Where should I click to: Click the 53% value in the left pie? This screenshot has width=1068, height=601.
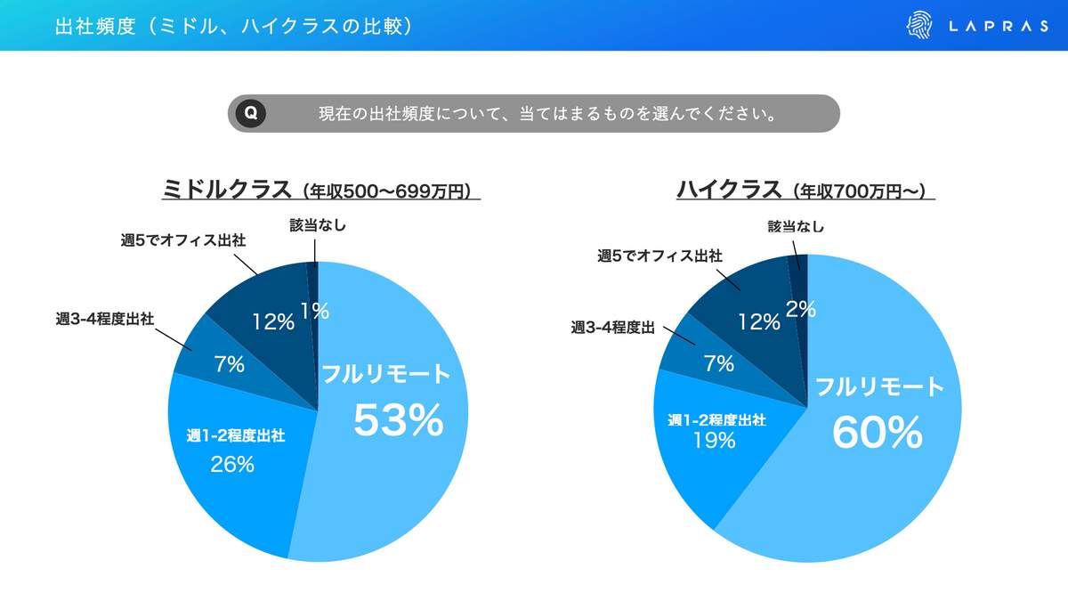click(x=398, y=420)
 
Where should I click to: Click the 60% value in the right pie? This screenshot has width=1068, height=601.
click(x=877, y=433)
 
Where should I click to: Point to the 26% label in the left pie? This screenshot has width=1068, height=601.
click(x=232, y=464)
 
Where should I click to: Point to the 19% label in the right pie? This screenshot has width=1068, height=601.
click(x=714, y=440)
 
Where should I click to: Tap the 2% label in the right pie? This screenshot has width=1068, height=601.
click(x=801, y=308)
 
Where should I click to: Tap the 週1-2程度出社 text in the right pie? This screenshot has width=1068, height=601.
click(x=717, y=419)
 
